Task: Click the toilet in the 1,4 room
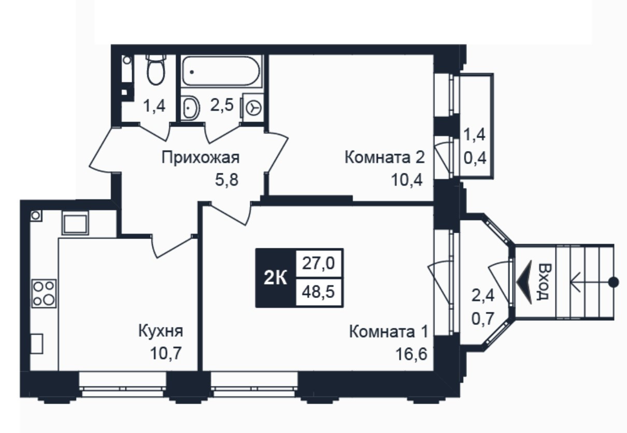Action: [156, 70]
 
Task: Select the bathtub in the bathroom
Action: [221, 70]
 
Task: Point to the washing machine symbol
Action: [254, 108]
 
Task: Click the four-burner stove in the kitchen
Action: [44, 293]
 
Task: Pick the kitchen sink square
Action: [75, 223]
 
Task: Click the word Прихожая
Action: [201, 157]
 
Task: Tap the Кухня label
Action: [161, 331]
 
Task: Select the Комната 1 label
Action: [389, 332]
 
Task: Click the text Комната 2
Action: [384, 157]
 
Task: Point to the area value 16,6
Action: [411, 354]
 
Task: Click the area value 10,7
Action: [166, 353]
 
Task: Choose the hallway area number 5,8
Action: [226, 180]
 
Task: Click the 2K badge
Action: [276, 278]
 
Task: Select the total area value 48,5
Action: [319, 292]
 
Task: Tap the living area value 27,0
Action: [319, 263]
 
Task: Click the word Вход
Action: [545, 282]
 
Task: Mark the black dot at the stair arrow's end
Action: [614, 282]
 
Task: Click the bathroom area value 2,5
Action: [222, 106]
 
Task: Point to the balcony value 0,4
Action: [475, 158]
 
